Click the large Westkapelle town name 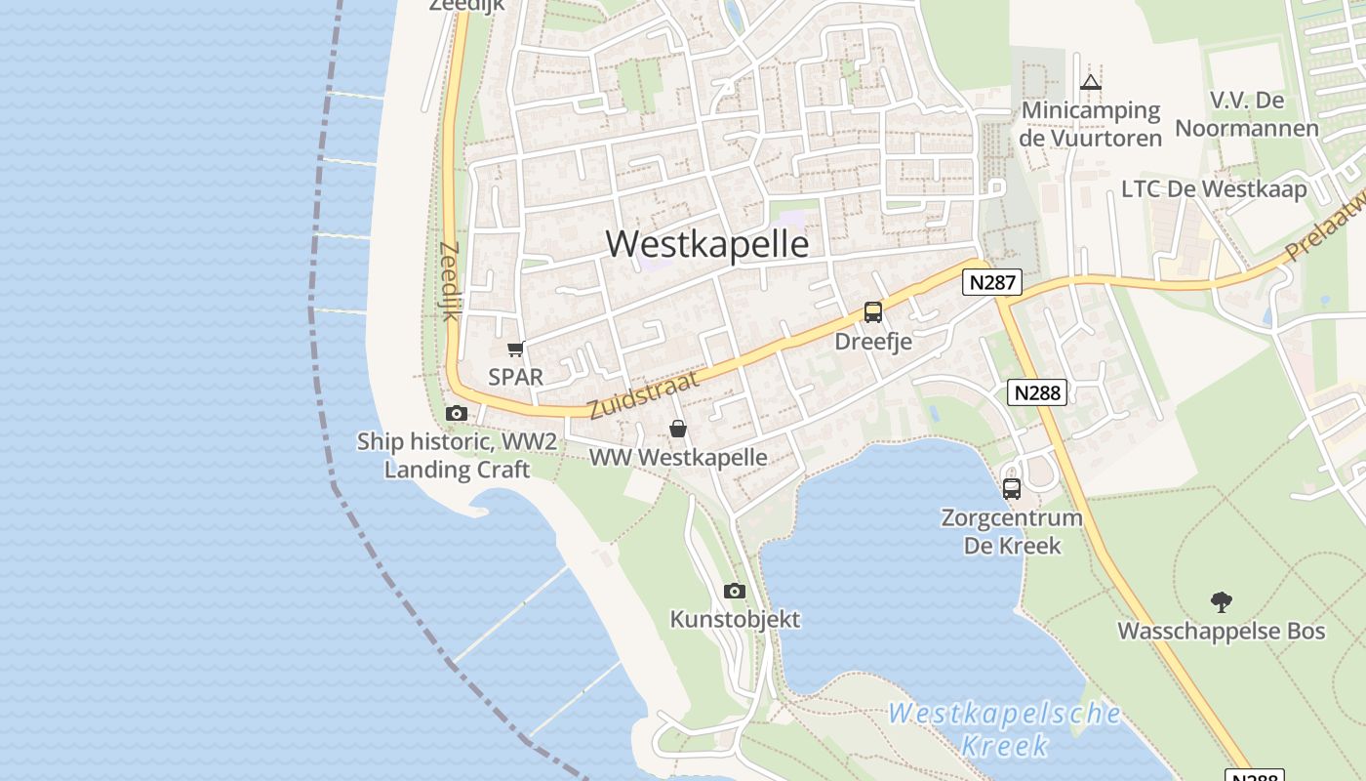[x=707, y=244]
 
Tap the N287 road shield [x=992, y=283]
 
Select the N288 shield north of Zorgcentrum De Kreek [x=1036, y=392]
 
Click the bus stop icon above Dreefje [x=872, y=312]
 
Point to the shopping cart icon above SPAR [x=515, y=349]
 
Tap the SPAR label [x=515, y=377]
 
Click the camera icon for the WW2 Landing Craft [x=456, y=413]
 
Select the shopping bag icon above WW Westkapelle [x=678, y=429]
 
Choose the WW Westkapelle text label [x=678, y=457]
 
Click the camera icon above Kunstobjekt [x=735, y=591]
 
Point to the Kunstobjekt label [x=735, y=619]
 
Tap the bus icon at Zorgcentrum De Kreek [x=1012, y=488]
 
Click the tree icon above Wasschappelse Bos [x=1221, y=601]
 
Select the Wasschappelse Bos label [x=1221, y=631]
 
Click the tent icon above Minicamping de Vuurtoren [x=1091, y=83]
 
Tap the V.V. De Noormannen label [x=1246, y=114]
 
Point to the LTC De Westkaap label [x=1214, y=188]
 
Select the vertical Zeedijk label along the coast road [x=449, y=281]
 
